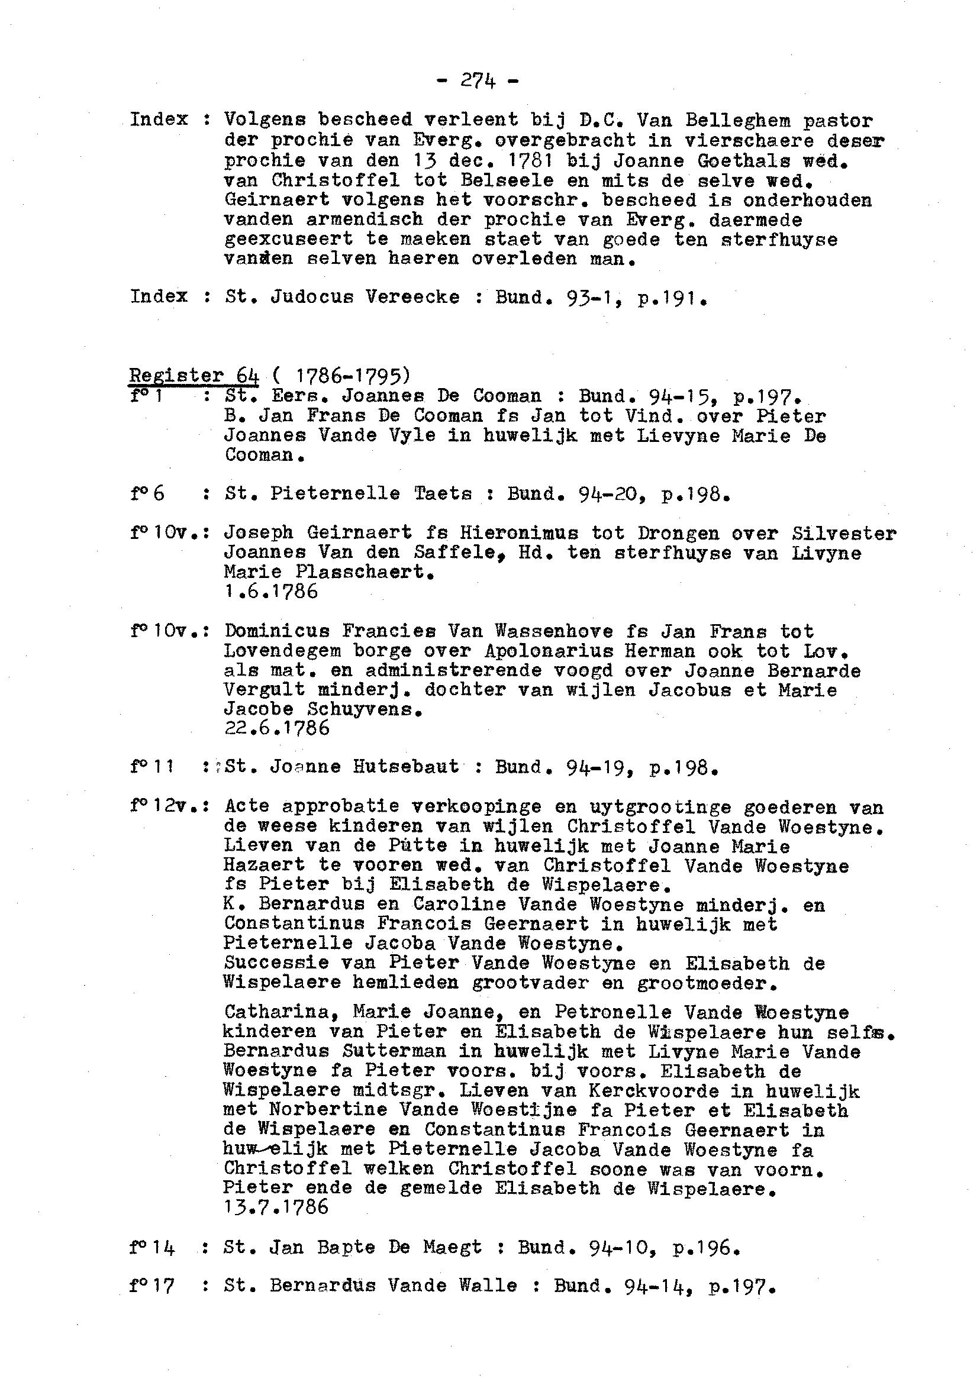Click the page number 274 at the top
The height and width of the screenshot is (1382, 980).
point(478,80)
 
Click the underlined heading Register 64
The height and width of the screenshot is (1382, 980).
point(194,376)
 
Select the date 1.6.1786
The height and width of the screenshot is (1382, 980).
point(270,592)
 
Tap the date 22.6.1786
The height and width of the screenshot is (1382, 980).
point(277,728)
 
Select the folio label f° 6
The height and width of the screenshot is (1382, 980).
point(147,493)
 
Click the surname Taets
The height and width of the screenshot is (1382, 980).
point(443,493)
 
